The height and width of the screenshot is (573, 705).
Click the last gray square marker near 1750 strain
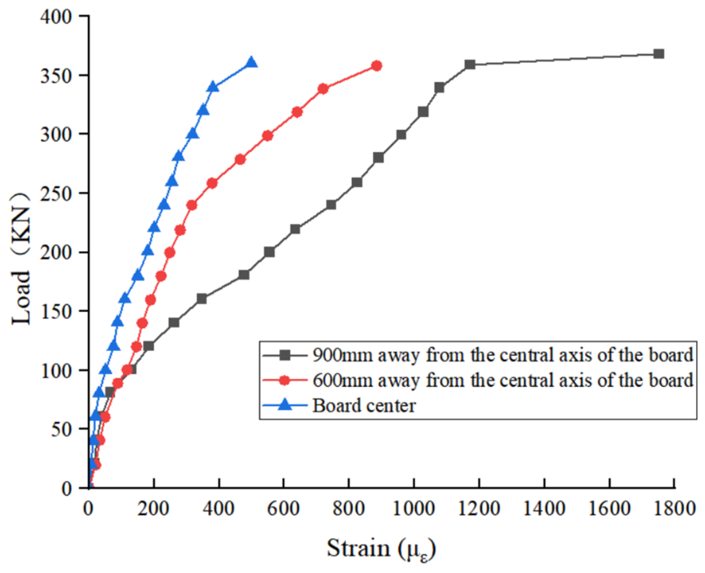coord(658,54)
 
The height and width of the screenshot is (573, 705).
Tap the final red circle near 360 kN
coord(376,66)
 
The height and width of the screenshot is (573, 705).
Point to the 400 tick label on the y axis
coord(56,17)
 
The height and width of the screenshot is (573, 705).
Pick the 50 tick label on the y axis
coord(62,429)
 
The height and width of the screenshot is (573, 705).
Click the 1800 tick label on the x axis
coord(674,508)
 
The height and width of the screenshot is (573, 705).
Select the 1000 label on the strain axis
coord(414,508)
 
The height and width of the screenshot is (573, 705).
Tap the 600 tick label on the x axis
coord(283,508)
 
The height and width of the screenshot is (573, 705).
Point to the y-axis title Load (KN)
coord(21,259)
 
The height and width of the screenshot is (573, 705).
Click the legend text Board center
coord(364,406)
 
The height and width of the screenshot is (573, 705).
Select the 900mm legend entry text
coord(503,355)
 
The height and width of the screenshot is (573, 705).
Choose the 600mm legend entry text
coord(503,380)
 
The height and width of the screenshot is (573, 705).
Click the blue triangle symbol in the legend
coord(285,405)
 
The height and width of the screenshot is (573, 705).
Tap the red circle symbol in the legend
coord(285,380)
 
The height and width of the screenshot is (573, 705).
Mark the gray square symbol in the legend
coord(285,355)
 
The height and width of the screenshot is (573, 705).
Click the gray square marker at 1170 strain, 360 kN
coord(470,64)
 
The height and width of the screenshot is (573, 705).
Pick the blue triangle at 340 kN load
coord(213,87)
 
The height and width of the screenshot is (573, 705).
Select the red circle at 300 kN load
coord(267,136)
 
